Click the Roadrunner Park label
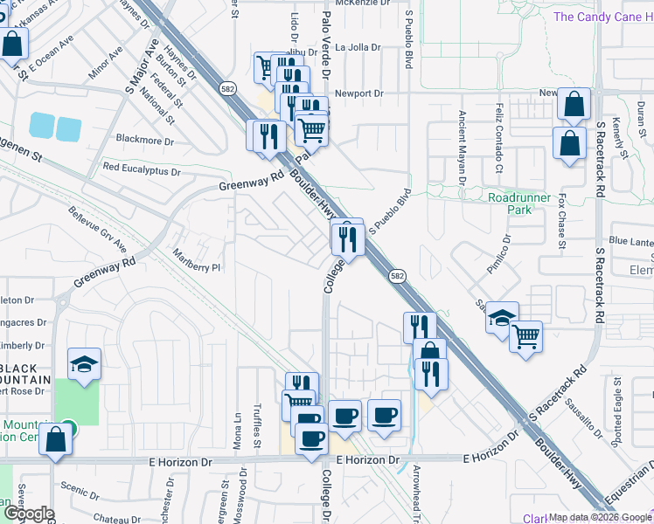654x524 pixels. click(519, 203)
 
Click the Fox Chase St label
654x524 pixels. click(561, 219)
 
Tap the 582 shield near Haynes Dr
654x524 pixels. click(226, 89)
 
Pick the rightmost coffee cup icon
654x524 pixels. click(384, 416)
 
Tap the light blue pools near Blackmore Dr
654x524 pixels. click(55, 127)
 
